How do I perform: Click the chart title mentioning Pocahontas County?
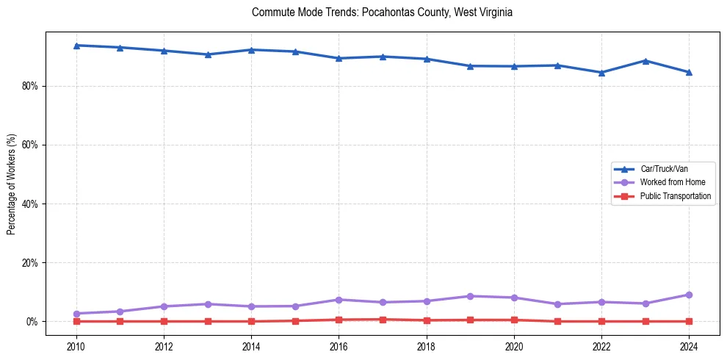[381, 12]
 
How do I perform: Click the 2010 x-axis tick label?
[76, 345]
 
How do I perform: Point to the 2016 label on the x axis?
[339, 345]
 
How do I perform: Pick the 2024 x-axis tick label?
[689, 345]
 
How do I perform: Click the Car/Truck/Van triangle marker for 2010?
[76, 46]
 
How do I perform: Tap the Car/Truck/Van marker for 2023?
[645, 61]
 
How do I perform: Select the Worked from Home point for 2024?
[689, 295]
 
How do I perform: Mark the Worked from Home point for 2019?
[470, 296]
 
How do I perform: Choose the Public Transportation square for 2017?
[383, 320]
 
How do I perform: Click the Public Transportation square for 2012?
[164, 321]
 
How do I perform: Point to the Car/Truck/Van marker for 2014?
[251, 50]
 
